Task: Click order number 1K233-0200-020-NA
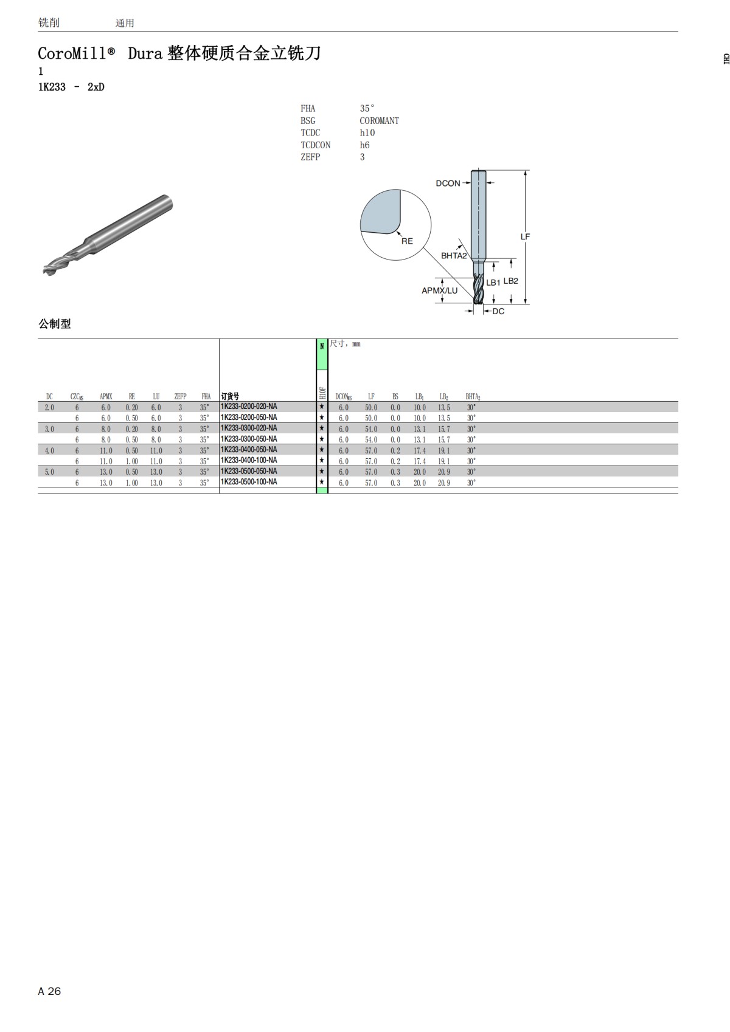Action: point(249,407)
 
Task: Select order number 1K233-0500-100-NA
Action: point(249,482)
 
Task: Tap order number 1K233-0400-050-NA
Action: point(249,450)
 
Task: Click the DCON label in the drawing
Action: point(448,184)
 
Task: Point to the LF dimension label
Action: point(525,237)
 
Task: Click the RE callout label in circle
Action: point(407,241)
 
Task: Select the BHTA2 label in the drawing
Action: point(454,256)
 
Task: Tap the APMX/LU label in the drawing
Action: point(439,291)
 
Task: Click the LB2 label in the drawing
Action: point(510,281)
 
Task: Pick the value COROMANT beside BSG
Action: point(379,121)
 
